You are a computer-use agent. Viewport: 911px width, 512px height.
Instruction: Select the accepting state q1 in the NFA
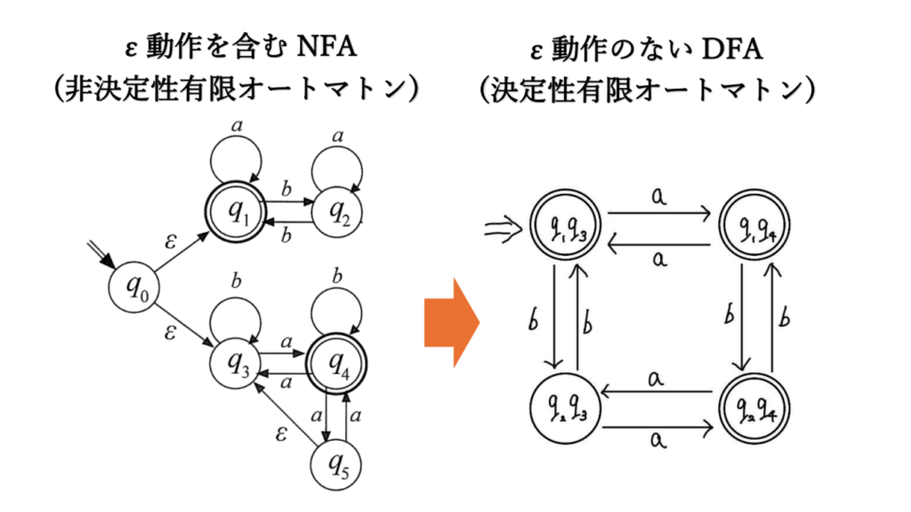click(x=239, y=212)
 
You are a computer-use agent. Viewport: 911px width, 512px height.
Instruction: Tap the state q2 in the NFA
click(x=339, y=212)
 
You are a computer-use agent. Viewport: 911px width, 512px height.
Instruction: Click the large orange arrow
click(x=451, y=322)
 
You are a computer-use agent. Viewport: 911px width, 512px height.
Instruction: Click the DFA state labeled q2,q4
click(x=753, y=412)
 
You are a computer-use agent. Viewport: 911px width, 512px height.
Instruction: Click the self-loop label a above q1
click(x=237, y=127)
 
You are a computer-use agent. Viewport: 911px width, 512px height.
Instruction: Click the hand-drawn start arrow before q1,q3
click(x=502, y=231)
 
